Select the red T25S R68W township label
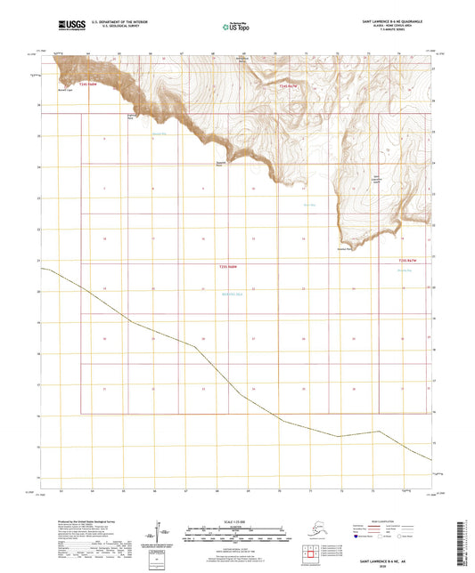(x=227, y=266)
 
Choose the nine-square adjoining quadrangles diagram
(x=311, y=552)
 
